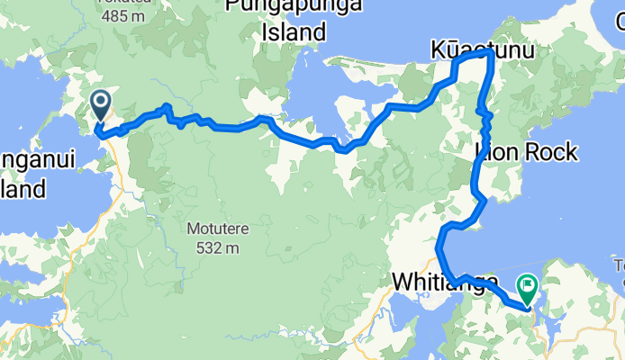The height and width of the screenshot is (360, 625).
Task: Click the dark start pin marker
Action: pyautogui.click(x=100, y=104)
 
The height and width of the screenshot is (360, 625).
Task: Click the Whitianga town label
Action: pyautogui.click(x=445, y=283)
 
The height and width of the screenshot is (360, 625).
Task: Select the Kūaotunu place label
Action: pyautogui.click(x=482, y=50)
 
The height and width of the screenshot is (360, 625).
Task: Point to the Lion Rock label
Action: pyautogui.click(x=525, y=153)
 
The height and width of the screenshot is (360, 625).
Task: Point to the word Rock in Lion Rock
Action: pyautogui.click(x=548, y=153)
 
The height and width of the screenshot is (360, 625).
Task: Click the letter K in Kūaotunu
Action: pyautogui.click(x=439, y=50)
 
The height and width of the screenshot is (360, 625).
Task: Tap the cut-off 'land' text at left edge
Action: pyautogui.click(x=22, y=190)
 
